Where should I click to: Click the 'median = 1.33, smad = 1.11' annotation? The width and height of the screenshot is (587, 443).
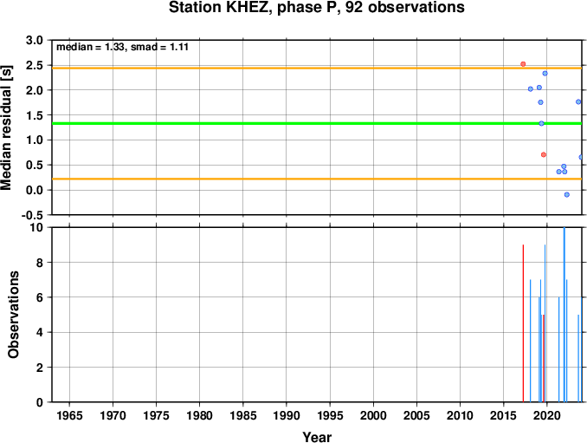pos(122,47)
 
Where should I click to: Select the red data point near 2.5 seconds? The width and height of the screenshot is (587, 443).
pos(523,64)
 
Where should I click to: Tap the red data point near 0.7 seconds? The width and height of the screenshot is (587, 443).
pos(544,154)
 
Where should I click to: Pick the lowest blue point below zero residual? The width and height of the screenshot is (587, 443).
pos(567,194)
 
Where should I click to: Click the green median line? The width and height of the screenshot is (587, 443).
pos(317,123)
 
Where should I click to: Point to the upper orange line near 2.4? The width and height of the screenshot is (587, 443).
pos(317,68)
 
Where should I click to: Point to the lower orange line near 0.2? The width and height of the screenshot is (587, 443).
pos(317,179)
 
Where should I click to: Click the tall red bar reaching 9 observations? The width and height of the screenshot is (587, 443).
pos(523,323)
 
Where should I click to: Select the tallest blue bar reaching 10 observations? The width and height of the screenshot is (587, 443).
pos(564,315)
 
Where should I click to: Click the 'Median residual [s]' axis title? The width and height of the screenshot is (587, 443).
pos(7,127)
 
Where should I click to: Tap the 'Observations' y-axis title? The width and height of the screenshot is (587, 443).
pos(14,315)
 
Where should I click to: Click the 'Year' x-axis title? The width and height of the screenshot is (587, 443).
pos(317,437)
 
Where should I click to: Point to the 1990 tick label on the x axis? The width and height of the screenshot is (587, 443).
pos(287,415)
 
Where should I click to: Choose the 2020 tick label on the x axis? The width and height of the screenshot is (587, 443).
pos(547,415)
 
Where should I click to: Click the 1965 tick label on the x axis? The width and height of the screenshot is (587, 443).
pos(69,415)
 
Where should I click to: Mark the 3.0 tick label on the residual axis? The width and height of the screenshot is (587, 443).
pos(35,40)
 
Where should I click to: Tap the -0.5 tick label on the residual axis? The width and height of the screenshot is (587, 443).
pos(32,215)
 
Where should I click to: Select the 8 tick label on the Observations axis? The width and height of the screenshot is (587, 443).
pos(40,263)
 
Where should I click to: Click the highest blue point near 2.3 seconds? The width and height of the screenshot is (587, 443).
pos(545,74)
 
